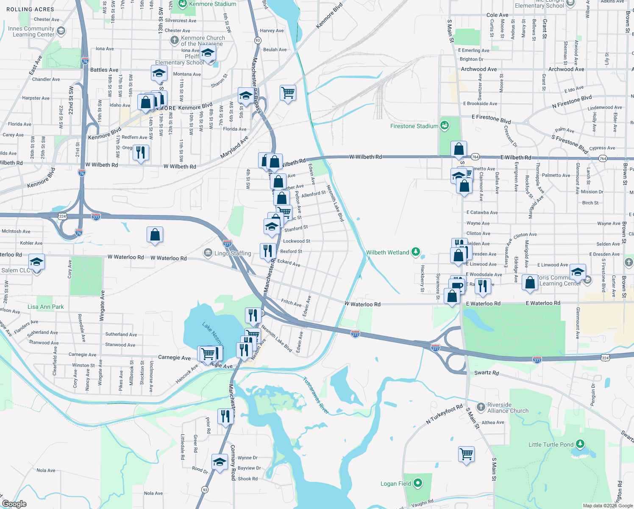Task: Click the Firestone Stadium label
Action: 414,126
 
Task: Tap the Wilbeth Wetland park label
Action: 388,252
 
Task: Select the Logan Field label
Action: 396,484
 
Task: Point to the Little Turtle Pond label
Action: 551,445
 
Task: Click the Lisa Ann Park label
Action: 46,307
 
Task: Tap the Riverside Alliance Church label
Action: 508,408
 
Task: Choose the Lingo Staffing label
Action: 233,253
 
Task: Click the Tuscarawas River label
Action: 316,395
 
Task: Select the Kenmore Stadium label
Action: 212,4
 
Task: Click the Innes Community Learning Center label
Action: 31,31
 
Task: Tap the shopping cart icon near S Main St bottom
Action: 466,454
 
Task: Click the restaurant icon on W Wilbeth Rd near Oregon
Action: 141,152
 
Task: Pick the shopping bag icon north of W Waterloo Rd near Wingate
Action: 155,235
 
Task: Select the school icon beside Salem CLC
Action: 37,262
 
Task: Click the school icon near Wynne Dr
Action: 220,462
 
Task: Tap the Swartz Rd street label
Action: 487,373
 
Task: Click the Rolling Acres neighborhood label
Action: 30,9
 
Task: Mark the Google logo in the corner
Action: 14,504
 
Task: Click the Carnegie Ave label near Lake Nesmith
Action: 174,358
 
